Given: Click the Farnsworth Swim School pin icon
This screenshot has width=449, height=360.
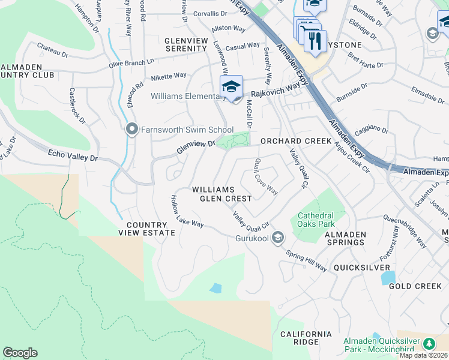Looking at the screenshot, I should click(132, 129).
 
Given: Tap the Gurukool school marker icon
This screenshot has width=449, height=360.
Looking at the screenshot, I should click(277, 239).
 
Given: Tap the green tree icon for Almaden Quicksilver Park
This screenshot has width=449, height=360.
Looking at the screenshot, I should click(429, 344).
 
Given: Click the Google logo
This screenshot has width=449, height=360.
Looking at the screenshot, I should click(20, 353).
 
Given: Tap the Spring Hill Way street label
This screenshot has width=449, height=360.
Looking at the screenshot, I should click(306, 261).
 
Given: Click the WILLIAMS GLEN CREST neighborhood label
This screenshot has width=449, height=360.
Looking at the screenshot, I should click(221, 194).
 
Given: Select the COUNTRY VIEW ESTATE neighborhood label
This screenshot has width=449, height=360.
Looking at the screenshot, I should click(146, 229).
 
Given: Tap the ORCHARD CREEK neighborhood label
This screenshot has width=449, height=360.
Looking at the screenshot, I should click(295, 141).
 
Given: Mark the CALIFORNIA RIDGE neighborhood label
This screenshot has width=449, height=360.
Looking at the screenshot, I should click(306, 338).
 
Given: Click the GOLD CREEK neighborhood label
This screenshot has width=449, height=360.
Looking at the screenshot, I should click(415, 286).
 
